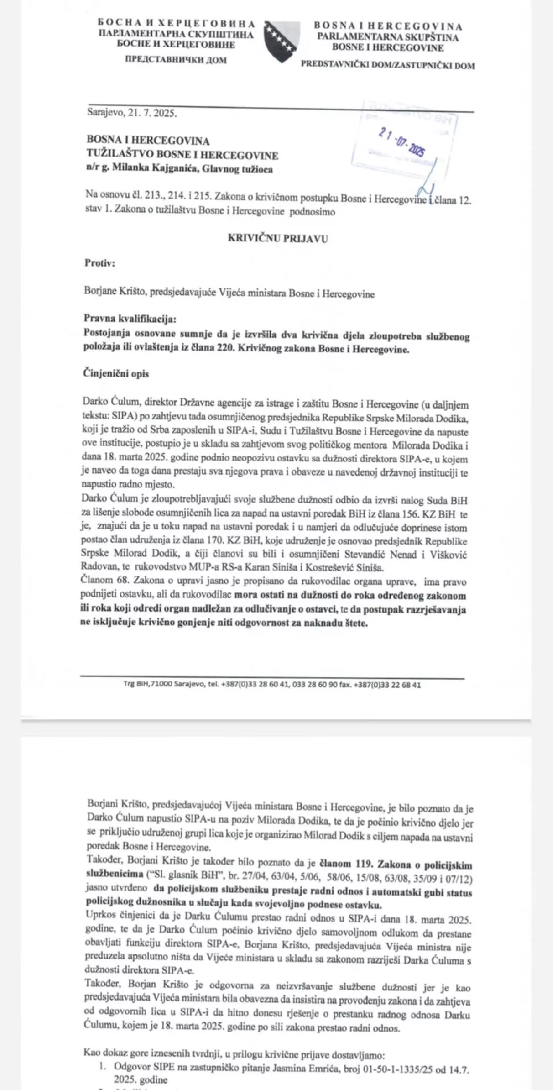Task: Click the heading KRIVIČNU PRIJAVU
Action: tap(278, 238)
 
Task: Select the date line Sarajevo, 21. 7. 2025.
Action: tap(132, 113)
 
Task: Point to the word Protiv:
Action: tap(100, 263)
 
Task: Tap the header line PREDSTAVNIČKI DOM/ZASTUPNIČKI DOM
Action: tap(388, 65)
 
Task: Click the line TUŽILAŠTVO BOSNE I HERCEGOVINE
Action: tap(182, 154)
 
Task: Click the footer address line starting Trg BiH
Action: tap(273, 685)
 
